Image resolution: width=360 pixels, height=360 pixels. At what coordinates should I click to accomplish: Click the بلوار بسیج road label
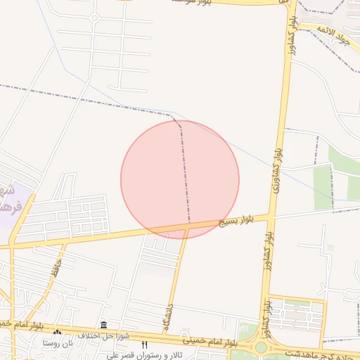coord(236,221)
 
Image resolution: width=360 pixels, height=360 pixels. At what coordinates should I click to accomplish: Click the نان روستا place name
coord(58,343)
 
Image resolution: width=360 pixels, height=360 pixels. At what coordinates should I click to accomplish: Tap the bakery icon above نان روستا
coord(58,333)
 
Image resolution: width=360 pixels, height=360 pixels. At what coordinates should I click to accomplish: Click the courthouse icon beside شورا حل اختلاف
coord(104,325)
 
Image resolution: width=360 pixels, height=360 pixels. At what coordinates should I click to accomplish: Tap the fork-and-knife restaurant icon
coord(145,345)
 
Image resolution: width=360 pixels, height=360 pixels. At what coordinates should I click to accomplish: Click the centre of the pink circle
coord(180,179)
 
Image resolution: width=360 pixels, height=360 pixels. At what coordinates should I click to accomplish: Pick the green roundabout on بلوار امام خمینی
coord(261,347)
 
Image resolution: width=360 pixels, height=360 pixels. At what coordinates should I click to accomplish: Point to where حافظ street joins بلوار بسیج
coord(65,241)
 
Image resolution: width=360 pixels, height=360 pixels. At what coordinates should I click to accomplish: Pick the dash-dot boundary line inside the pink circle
coord(186,176)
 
